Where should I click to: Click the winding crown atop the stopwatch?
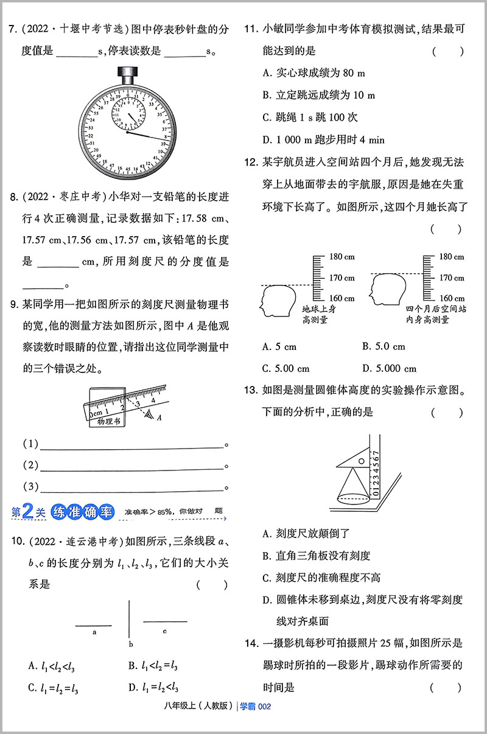128,75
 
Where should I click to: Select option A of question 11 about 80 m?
314,74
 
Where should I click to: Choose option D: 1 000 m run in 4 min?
323,139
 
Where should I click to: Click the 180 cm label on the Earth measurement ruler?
342,257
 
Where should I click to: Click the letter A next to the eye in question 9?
159,418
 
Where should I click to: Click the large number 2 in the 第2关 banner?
27,512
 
